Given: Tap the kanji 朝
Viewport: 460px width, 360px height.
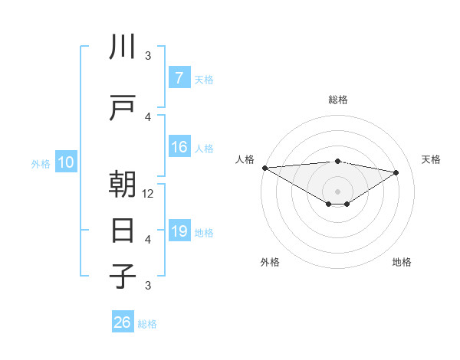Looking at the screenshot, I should (123, 185).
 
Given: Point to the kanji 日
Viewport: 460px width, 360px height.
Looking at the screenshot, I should (123, 230).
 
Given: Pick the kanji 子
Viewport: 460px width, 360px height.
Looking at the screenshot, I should (123, 276).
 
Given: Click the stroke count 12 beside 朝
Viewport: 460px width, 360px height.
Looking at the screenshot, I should (149, 194).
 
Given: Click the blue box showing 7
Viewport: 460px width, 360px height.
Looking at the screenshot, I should (179, 78).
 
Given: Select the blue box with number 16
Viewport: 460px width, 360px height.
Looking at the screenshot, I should (179, 148).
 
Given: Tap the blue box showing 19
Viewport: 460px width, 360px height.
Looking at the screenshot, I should (179, 232).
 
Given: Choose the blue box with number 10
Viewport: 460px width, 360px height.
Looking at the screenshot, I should (66, 162).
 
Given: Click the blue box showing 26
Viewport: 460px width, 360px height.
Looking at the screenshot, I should (123, 322).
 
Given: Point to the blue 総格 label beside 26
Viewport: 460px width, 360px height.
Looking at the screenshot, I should (147, 324).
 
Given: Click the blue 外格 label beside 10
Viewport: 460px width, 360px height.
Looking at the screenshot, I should (41, 163).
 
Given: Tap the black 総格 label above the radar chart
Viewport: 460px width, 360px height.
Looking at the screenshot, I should (337, 100).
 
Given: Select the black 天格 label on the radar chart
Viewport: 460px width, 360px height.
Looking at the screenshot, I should (432, 159).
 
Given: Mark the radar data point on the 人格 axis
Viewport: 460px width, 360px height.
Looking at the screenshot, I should (264, 168).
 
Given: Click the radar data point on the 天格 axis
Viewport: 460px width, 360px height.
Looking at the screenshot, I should (396, 172).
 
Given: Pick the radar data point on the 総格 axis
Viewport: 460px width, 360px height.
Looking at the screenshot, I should (337, 161).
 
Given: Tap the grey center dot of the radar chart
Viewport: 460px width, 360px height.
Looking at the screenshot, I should (337, 191).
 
